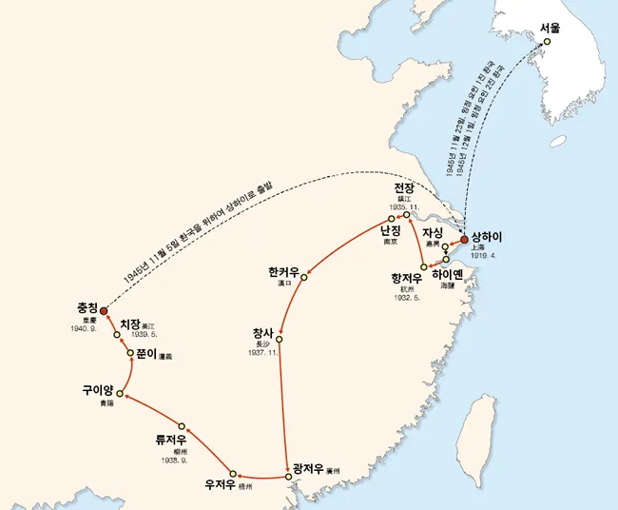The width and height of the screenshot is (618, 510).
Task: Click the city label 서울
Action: pyautogui.click(x=550, y=29)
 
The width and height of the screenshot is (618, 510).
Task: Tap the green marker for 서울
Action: pyautogui.click(x=547, y=42)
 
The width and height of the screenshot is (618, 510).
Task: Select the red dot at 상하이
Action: pyautogui.click(x=465, y=240)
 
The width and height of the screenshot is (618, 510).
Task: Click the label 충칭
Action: pyautogui.click(x=87, y=308)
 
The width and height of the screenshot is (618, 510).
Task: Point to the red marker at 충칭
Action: pyautogui.click(x=104, y=310)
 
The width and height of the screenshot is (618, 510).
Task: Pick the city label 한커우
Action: pyautogui.click(x=284, y=274)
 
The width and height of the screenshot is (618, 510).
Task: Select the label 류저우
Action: pyautogui.click(x=174, y=440)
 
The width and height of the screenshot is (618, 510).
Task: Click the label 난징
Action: pyautogui.click(x=391, y=232)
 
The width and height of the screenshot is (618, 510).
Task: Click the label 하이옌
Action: pyautogui.click(x=451, y=274)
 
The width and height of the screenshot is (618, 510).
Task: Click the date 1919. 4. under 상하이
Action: pyautogui.click(x=484, y=255)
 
